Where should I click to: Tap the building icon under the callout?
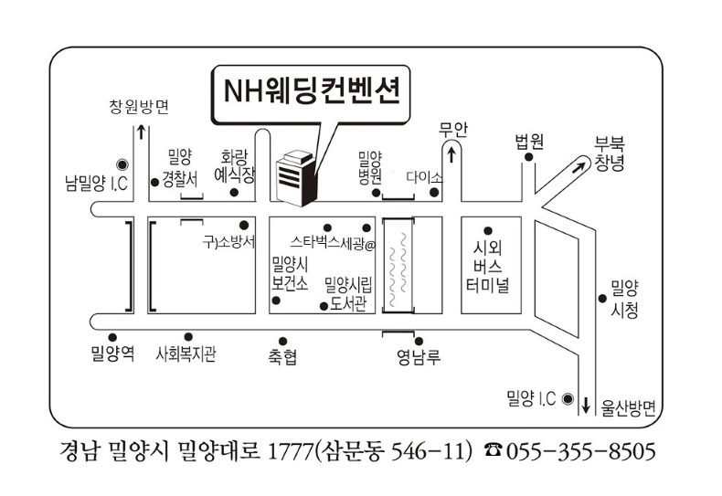295,175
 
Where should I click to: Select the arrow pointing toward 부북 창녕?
578,166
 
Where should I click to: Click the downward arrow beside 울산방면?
586,403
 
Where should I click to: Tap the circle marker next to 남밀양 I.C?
122,164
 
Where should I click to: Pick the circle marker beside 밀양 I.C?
568,398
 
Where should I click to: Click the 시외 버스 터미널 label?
490,265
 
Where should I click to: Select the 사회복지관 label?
186,354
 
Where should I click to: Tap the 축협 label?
282,357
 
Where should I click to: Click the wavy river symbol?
398,265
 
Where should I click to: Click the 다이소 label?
424,176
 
